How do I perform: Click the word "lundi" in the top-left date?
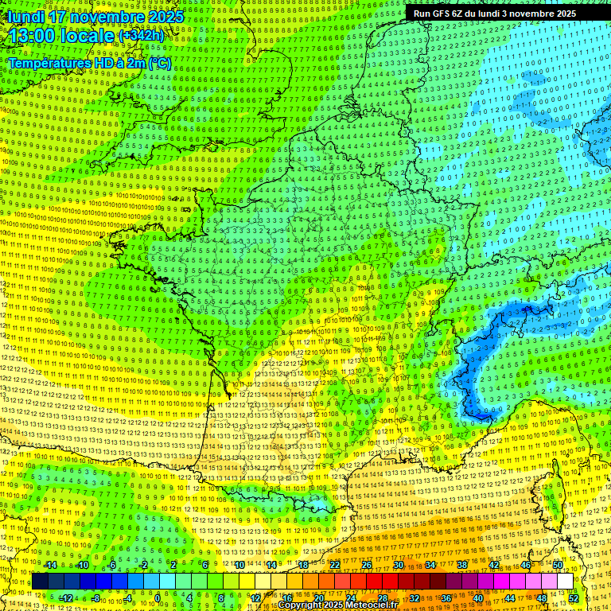(24, 17)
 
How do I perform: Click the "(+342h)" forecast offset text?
(142, 36)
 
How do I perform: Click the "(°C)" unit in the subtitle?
(158, 63)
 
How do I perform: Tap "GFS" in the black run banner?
(453, 14)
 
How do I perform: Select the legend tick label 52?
(574, 597)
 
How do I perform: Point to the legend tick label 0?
(158, 597)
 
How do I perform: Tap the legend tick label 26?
(367, 565)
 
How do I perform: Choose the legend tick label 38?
(462, 565)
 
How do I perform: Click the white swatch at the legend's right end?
(565, 582)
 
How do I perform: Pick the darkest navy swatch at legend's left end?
(40, 582)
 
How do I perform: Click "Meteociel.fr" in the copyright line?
(371, 605)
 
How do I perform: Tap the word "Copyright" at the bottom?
(299, 605)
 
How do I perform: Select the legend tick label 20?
(319, 597)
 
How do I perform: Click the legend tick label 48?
(542, 597)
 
